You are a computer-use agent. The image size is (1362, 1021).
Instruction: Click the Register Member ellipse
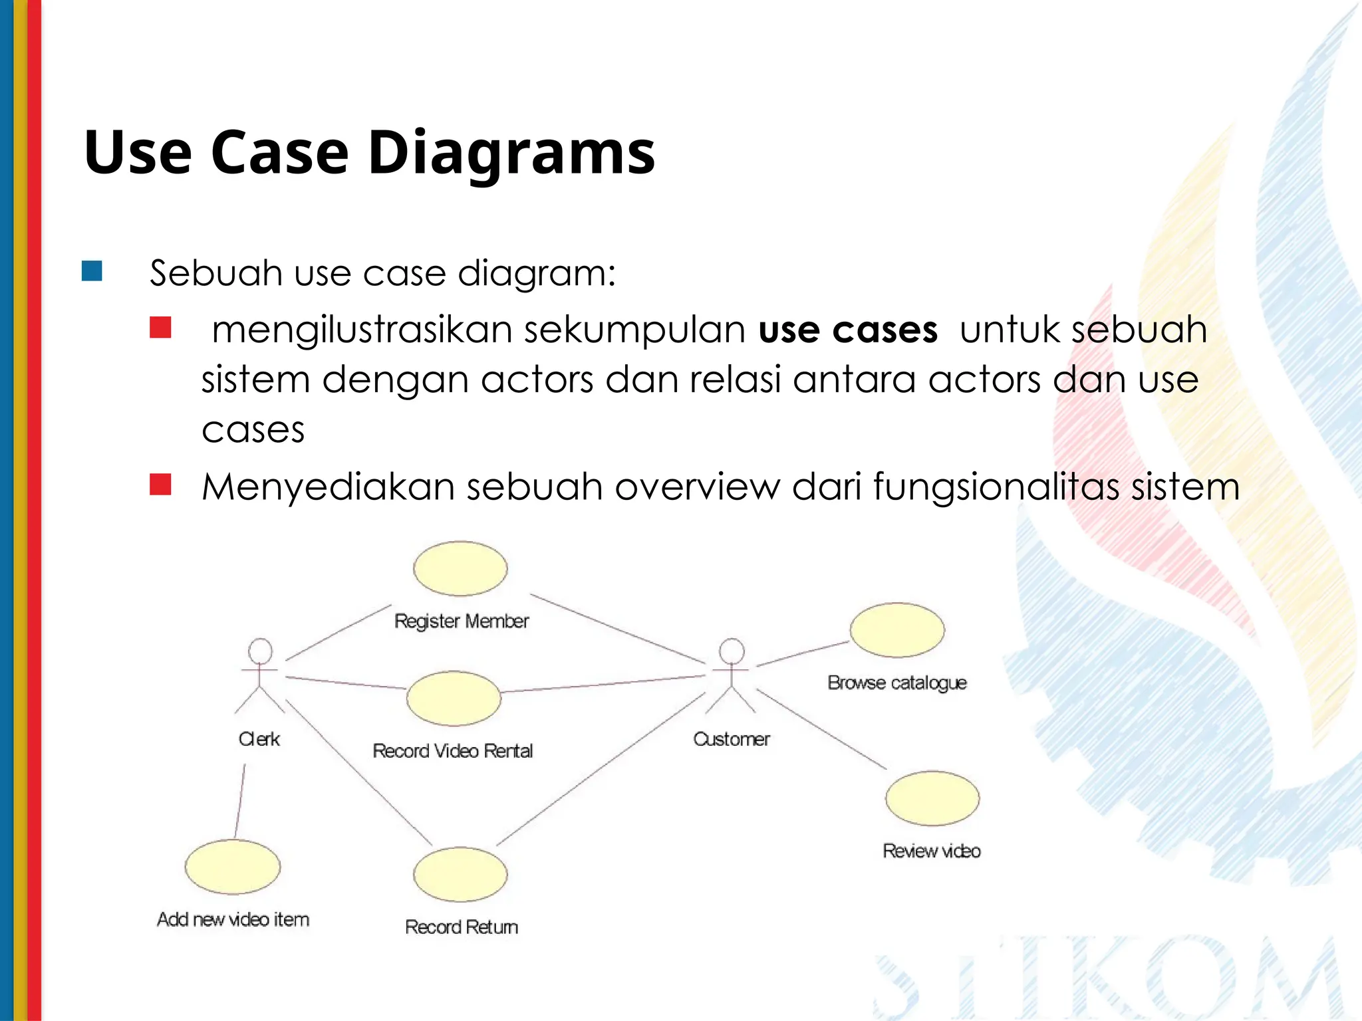coord(460,568)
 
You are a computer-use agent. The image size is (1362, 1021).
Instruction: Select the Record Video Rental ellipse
coord(454,698)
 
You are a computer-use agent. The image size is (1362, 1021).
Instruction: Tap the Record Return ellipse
coord(460,874)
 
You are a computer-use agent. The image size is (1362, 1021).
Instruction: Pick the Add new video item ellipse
coord(233,867)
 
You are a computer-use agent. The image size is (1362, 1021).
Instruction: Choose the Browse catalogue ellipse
coord(897,630)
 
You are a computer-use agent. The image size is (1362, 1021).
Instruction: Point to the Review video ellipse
coord(932,798)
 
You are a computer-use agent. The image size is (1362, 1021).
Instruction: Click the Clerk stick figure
coord(260,675)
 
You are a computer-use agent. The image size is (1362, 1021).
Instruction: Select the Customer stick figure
coord(732,675)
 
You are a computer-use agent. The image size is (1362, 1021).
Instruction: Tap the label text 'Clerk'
coord(259,739)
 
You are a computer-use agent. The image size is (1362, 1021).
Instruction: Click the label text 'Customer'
coord(732,739)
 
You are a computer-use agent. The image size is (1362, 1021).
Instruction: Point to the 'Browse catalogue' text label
coord(897,683)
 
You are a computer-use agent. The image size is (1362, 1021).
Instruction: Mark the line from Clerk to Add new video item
coord(240,801)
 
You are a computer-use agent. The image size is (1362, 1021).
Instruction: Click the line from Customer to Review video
coord(821,730)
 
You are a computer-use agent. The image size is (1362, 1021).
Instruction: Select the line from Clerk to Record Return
coord(359,772)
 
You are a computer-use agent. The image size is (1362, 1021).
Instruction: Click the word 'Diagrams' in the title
coord(511,152)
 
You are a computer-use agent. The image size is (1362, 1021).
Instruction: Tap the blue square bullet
coord(92,271)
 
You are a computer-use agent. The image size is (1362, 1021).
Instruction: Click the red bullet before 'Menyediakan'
coord(160,484)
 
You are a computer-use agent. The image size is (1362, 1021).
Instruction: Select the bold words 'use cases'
coord(848,330)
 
